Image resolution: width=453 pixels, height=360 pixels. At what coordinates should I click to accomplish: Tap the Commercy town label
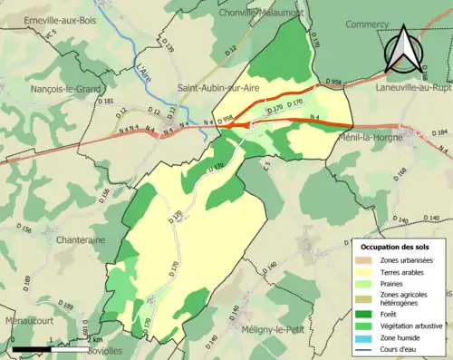[368, 25]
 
